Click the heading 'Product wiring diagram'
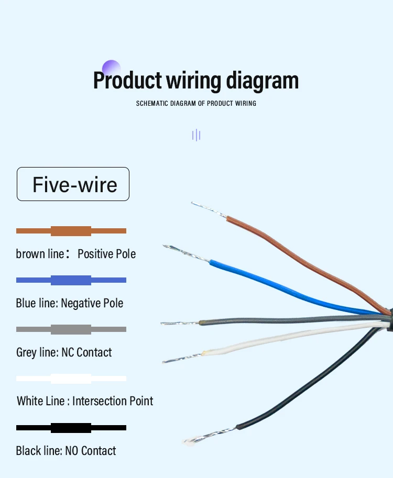point(196,81)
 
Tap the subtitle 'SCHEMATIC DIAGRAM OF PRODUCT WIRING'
point(196,104)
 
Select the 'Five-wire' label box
point(73,184)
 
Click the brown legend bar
point(71,231)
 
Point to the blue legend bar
point(71,280)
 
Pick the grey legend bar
point(71,329)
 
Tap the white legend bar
point(71,379)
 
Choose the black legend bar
point(71,428)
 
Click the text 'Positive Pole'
point(107,254)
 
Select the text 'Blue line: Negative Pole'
point(70,303)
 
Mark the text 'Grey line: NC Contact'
point(64,352)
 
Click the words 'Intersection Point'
point(113,402)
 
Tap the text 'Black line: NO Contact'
point(66,451)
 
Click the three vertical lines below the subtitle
point(196,136)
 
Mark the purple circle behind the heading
point(111,69)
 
